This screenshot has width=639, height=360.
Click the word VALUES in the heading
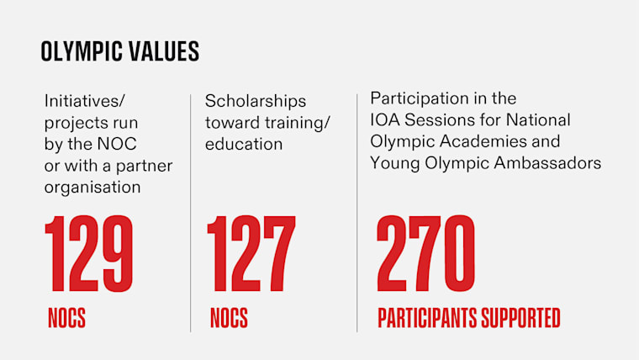165,51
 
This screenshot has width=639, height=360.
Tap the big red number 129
89,255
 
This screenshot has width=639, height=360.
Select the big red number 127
251,255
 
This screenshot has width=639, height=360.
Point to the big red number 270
426,255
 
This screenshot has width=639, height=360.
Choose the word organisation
92,188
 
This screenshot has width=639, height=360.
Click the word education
244,144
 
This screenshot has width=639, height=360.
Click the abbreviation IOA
384,119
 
